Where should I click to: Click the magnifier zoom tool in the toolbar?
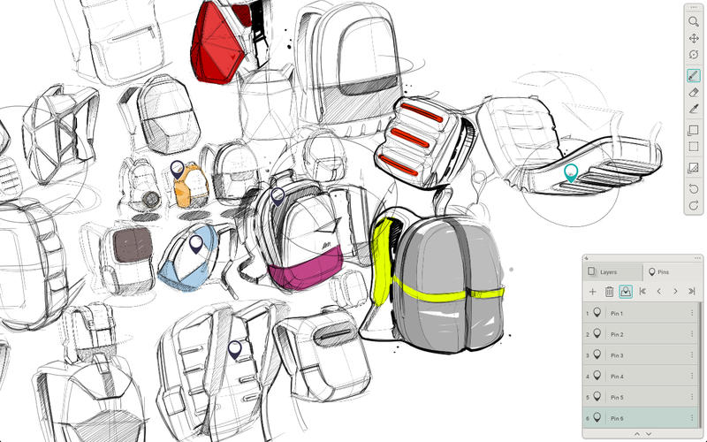point(694,20)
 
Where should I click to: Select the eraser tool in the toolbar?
point(694,92)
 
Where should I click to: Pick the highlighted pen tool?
point(694,75)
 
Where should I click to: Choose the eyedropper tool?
point(694,109)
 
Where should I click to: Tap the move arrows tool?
point(694,38)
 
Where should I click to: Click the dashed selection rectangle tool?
point(694,147)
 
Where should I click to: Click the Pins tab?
point(659,272)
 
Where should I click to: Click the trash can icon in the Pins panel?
point(609,291)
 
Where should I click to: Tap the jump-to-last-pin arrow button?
point(691,291)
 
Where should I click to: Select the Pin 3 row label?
point(615,355)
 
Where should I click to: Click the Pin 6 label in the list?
point(615,417)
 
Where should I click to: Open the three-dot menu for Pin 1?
point(692,314)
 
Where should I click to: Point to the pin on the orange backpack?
point(178,168)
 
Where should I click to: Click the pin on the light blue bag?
point(196,243)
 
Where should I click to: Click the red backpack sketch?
point(217,44)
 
